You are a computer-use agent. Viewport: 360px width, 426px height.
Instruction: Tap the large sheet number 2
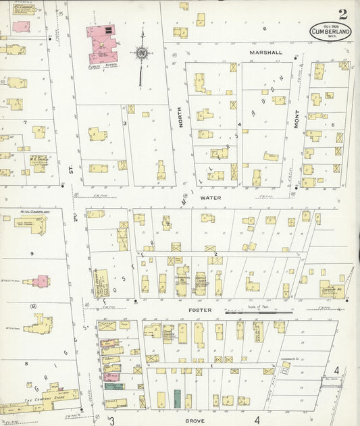click(x=343, y=14)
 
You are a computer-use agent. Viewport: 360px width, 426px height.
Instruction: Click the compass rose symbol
click(x=142, y=52)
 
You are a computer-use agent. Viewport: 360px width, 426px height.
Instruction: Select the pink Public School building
click(x=102, y=41)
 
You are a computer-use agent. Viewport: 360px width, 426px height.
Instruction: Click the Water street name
click(x=211, y=198)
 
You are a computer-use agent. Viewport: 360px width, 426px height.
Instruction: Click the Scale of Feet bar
click(x=259, y=312)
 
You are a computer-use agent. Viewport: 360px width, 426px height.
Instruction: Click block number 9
click(x=32, y=254)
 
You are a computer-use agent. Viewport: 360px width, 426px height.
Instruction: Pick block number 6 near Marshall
click(x=265, y=28)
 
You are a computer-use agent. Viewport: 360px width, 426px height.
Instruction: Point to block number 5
click(x=333, y=124)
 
